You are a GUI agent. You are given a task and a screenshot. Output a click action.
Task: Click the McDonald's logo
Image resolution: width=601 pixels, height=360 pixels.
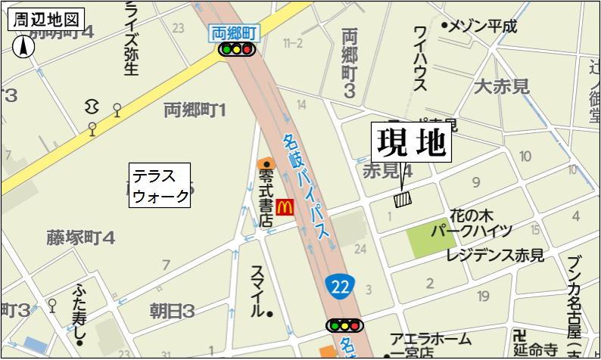[285, 206]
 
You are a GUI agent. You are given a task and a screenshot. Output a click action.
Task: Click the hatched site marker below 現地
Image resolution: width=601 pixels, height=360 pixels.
[402, 199]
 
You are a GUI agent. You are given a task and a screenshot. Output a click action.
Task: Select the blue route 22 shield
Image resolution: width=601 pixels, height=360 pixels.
[341, 285]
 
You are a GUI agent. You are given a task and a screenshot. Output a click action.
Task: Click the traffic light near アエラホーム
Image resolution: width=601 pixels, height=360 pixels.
[344, 325]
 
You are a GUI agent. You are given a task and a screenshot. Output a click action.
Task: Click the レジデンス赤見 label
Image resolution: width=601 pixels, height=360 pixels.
[494, 256]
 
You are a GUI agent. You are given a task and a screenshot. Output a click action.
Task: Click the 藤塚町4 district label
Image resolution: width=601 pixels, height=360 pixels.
[81, 238]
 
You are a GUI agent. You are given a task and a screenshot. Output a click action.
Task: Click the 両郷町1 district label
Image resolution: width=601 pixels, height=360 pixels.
[195, 111]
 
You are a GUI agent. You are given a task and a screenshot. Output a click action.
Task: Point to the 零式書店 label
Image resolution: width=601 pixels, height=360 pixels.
[266, 198]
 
